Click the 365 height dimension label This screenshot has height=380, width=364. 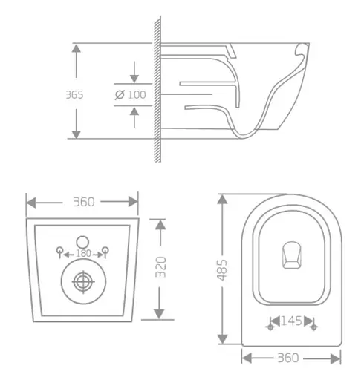click(74, 94)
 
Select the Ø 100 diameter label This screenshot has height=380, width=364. click(131, 94)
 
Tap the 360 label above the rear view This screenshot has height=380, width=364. click(82, 202)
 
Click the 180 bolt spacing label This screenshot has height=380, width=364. click(82, 254)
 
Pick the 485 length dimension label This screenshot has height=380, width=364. click(223, 271)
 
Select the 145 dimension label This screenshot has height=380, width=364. click(290, 322)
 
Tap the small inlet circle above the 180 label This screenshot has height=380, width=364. click(82, 241)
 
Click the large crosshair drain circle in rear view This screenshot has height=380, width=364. click(82, 282)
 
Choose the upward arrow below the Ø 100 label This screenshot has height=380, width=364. click(134, 111)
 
